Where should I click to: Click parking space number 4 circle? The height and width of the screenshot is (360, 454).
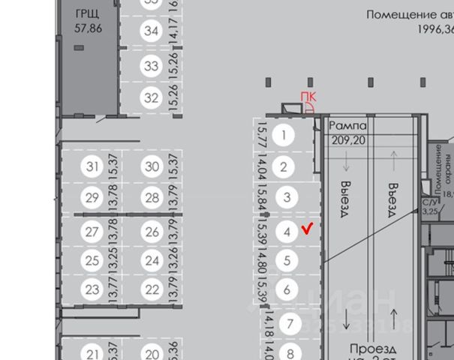(288, 232)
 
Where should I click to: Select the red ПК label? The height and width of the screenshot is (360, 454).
(308, 97)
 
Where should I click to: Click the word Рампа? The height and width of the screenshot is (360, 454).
(349, 125)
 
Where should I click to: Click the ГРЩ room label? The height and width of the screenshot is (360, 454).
(89, 14)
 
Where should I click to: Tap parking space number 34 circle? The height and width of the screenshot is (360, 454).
(152, 31)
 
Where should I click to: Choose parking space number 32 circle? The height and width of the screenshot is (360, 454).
(152, 97)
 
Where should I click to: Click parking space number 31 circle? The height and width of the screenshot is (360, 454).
(92, 166)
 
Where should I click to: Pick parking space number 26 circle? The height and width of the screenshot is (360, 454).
(152, 232)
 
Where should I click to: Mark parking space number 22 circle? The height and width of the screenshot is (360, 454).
(152, 289)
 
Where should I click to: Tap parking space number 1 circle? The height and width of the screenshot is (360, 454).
(284, 136)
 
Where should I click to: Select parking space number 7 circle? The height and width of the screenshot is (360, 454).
(290, 324)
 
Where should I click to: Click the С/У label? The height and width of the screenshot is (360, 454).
(431, 202)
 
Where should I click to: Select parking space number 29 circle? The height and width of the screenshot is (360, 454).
(92, 198)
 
